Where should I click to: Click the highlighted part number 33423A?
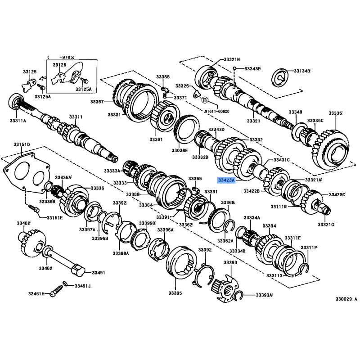click(x=226, y=180)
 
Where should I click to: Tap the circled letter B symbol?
click(x=205, y=100)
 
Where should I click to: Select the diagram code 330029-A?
click(x=346, y=299)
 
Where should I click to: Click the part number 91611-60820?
click(x=217, y=111)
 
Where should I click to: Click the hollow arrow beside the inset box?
click(x=42, y=78)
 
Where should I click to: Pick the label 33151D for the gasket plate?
click(x=22, y=144)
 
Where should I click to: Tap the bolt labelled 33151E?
click(x=34, y=209)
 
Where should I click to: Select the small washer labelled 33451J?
click(x=65, y=284)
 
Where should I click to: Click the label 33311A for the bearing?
click(x=18, y=121)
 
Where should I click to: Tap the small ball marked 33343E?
click(x=234, y=68)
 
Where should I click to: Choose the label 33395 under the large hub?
click(x=175, y=293)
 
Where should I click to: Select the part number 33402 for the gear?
click(x=24, y=223)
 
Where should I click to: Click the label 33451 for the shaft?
click(x=99, y=273)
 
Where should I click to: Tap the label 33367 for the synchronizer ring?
click(x=97, y=102)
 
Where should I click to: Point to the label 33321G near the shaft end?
click(x=326, y=224)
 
